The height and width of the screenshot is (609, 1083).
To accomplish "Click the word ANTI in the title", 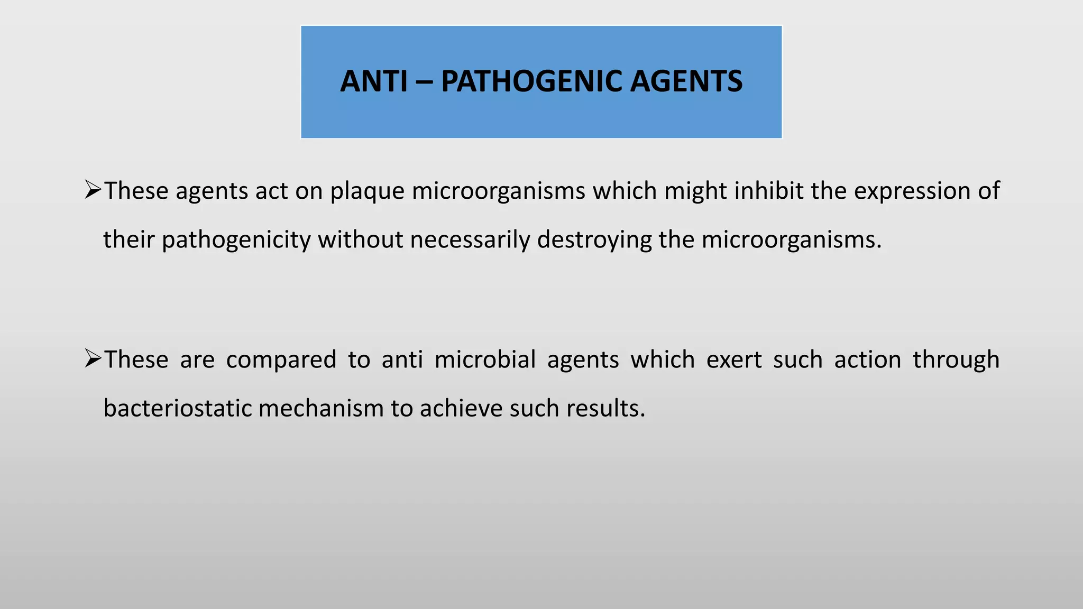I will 374,81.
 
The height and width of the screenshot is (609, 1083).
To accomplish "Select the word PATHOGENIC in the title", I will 531,81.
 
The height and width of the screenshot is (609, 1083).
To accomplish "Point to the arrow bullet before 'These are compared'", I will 93,359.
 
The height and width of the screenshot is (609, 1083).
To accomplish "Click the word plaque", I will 368,191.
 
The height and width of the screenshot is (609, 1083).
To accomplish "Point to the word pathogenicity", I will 236,240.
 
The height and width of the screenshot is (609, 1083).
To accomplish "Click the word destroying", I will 594,240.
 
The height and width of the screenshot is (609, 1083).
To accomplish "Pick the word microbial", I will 485,359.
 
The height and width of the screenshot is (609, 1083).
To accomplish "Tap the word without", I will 360,239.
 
